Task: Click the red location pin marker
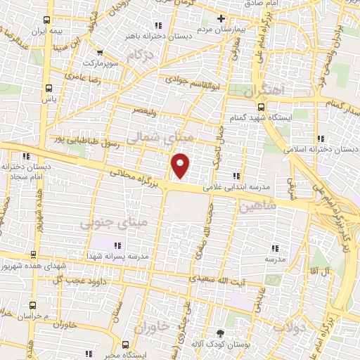tap(181, 165)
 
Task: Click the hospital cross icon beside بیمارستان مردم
tap(221, 18)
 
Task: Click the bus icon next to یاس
tap(48, 89)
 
